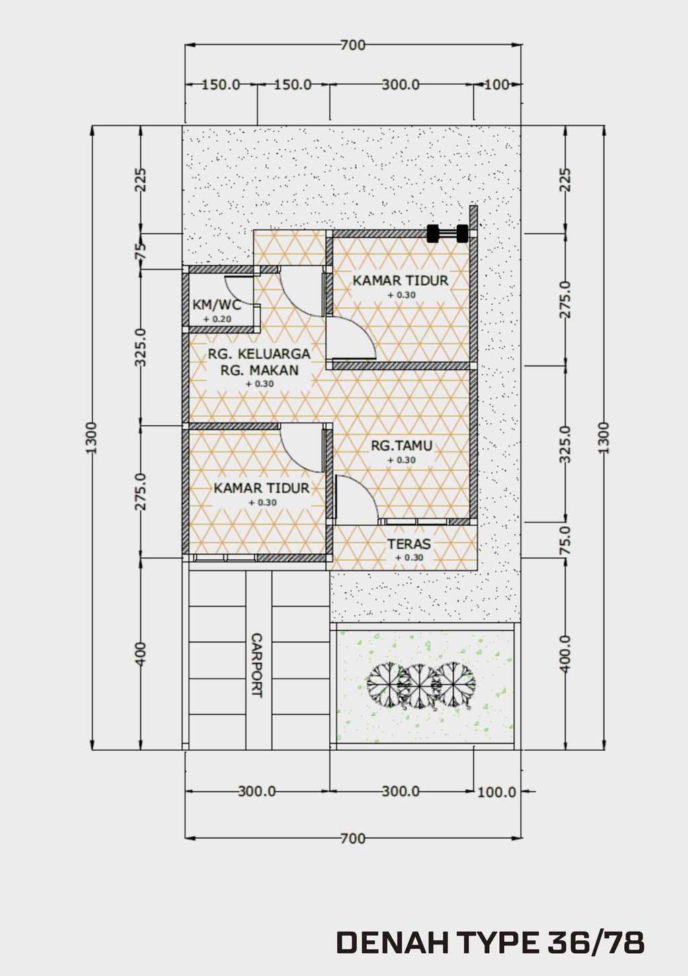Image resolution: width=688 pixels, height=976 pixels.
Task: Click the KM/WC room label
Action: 216,304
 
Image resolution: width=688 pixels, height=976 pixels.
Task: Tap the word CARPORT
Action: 256,665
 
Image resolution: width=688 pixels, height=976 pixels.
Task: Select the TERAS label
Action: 408,544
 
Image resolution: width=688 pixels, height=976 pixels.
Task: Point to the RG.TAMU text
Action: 402,446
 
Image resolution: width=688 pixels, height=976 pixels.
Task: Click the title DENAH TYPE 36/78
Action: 490,943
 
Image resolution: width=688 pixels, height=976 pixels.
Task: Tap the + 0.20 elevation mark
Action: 216,319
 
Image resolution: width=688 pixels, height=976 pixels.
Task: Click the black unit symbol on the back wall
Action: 447,233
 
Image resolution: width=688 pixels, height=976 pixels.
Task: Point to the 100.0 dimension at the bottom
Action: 497,792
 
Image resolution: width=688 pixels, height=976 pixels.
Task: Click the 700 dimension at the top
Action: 353,45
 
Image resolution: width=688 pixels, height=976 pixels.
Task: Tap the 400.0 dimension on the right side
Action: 565,653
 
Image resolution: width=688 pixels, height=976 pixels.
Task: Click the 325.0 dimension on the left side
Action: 140,347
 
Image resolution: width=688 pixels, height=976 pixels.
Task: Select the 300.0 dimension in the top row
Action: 400,85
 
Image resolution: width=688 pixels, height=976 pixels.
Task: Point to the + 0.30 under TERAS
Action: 408,557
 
